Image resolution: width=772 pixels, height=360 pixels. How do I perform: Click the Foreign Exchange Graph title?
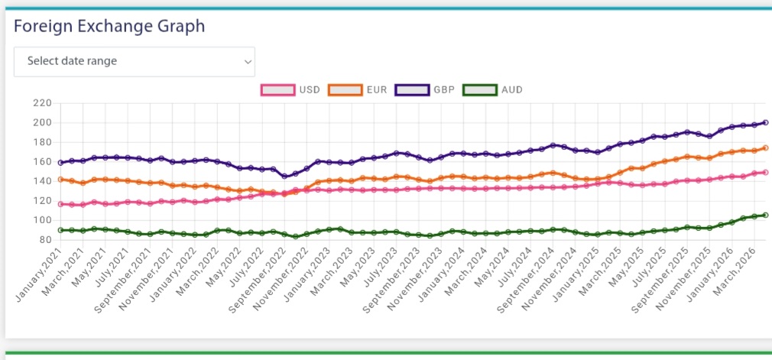109,26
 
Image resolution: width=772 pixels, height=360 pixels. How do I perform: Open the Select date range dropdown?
134,61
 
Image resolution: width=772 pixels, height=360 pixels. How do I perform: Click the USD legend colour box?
279,90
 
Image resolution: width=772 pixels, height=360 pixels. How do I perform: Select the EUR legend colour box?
345,90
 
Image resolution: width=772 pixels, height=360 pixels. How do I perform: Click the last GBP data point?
765,122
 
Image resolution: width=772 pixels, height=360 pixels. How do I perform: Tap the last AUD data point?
765,215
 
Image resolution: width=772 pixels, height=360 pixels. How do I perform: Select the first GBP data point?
60,163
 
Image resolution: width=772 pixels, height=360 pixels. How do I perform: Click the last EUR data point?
765,148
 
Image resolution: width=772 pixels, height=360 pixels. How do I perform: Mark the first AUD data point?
60,230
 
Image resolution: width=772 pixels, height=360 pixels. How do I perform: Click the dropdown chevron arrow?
247,61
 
